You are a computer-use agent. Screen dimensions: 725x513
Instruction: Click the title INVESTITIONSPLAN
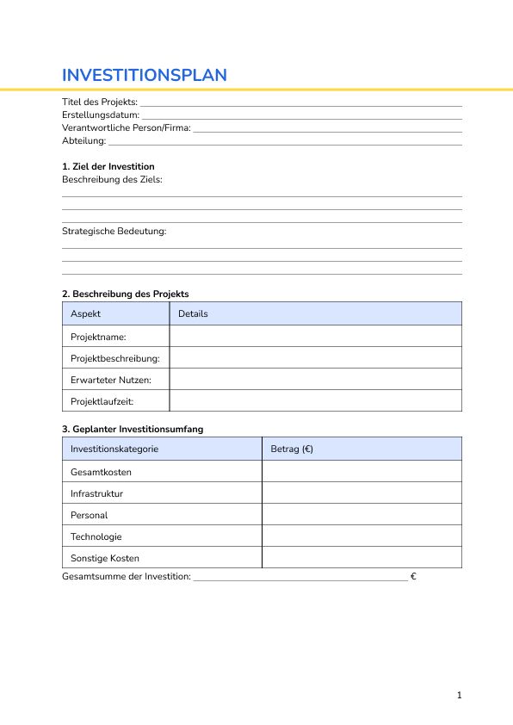click(145, 75)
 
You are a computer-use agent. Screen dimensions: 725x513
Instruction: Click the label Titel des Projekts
click(99, 102)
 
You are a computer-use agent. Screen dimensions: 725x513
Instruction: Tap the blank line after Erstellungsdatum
click(301, 115)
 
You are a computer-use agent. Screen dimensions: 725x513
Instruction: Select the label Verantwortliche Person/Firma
click(126, 127)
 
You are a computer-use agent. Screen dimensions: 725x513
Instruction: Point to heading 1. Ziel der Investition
click(108, 166)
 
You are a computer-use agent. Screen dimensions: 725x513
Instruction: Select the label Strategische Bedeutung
click(114, 231)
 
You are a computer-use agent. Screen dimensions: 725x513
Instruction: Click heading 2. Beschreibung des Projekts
click(125, 294)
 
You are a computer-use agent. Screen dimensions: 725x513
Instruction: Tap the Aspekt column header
click(85, 313)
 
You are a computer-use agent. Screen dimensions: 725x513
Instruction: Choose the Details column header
click(193, 313)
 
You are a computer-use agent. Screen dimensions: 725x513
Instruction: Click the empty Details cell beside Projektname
click(315, 337)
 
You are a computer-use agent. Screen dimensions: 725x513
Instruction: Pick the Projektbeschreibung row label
click(114, 358)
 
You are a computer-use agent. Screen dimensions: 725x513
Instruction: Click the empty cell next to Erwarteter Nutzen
click(315, 380)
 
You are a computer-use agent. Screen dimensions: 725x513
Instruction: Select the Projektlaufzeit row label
click(102, 401)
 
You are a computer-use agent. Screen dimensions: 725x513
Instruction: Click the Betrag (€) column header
click(292, 449)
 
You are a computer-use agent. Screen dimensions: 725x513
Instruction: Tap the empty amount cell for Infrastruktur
click(361, 493)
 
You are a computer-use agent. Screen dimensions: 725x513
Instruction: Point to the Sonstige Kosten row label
click(104, 558)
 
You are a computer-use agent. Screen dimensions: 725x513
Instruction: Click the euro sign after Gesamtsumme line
click(414, 576)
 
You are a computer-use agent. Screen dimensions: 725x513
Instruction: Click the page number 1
click(460, 695)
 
